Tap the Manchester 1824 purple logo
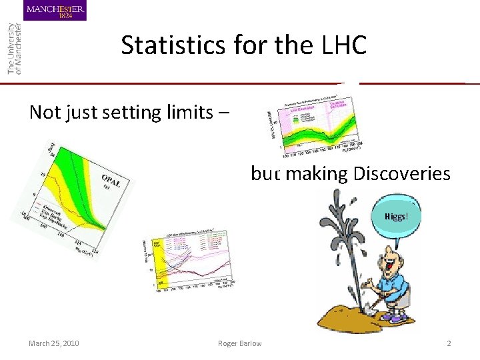[55, 11]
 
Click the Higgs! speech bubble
[393, 216]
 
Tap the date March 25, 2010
[54, 343]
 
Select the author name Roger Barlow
[240, 343]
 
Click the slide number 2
[449, 343]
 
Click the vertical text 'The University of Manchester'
[13, 47]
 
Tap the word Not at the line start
[45, 111]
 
